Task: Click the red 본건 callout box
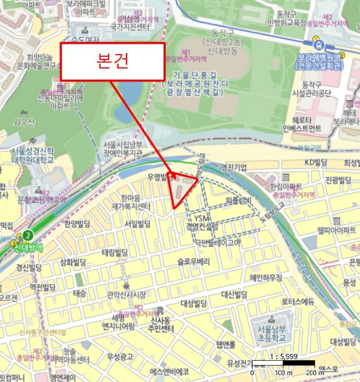click(x=112, y=62)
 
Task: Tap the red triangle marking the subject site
click(x=182, y=188)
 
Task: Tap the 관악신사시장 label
click(x=126, y=295)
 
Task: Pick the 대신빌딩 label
click(x=235, y=295)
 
